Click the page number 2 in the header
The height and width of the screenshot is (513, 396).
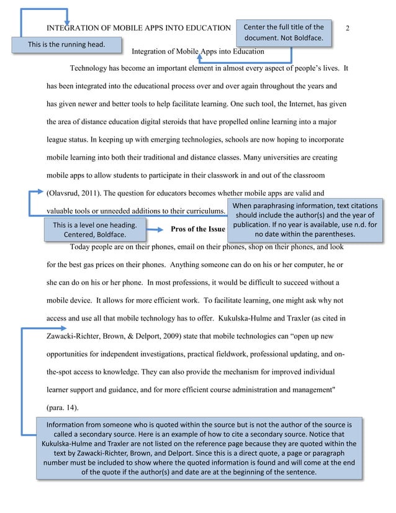pos(348,29)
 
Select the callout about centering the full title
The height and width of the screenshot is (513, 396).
pos(284,33)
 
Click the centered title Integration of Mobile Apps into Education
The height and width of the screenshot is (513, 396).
pos(199,51)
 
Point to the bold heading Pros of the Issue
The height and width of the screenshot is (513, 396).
pos(197,229)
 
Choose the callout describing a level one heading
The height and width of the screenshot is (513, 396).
pos(94,229)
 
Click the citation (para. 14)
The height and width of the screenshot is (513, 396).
pos(62,408)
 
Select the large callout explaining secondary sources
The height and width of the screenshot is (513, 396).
pos(199,448)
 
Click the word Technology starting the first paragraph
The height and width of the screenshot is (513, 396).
pos(90,68)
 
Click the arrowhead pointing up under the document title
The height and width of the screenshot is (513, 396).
pos(200,57)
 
